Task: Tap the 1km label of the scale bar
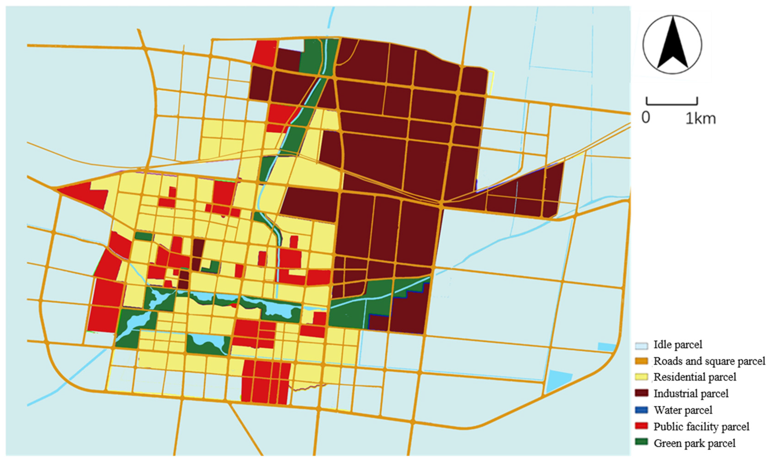click(x=700, y=119)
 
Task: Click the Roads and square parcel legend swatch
click(x=641, y=361)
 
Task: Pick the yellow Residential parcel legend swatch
click(x=641, y=377)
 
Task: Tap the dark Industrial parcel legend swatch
click(x=641, y=393)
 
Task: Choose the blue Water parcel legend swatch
click(x=641, y=410)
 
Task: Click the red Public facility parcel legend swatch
click(x=641, y=426)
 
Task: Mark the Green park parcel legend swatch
click(x=641, y=442)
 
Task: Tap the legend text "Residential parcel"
click(x=695, y=377)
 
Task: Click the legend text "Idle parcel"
click(x=678, y=345)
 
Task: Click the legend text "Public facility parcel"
click(x=701, y=426)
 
